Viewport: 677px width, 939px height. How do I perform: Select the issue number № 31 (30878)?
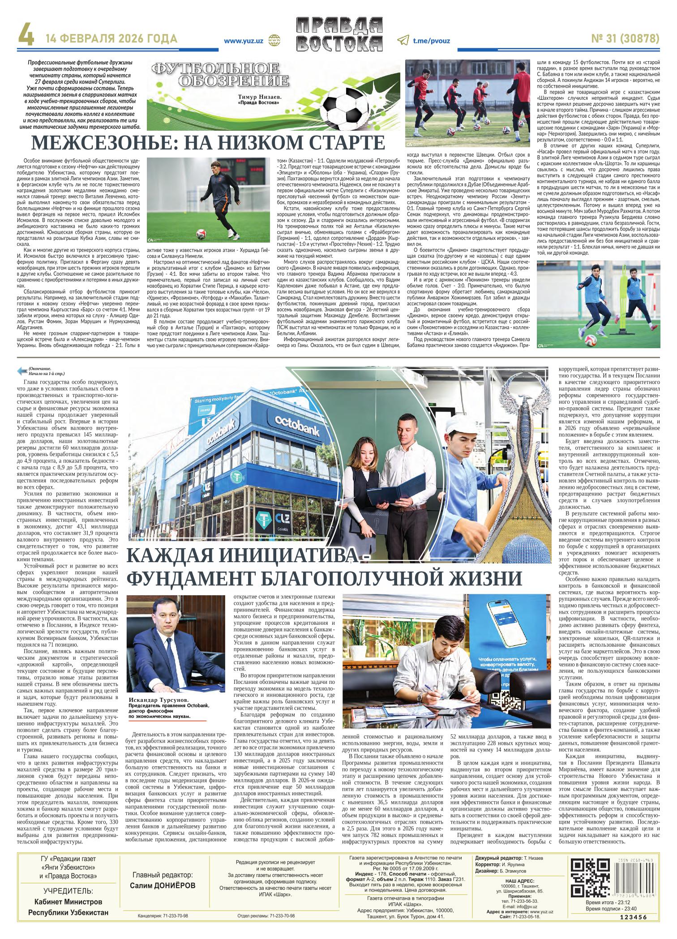click(x=626, y=39)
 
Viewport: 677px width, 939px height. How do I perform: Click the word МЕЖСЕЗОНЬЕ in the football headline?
click(x=104, y=143)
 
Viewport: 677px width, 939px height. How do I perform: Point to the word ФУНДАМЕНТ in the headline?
click(x=191, y=577)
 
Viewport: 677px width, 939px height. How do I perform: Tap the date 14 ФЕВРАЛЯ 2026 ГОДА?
click(x=111, y=39)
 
